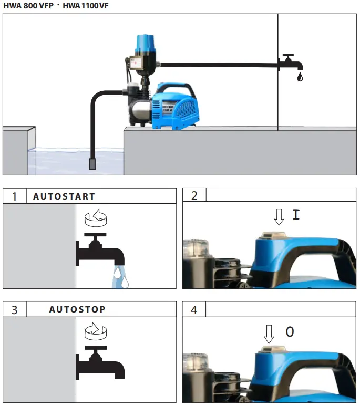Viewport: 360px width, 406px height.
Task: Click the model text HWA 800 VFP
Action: click(25, 5)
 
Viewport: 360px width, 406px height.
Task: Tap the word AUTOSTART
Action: click(64, 196)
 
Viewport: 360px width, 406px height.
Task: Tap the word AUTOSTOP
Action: click(77, 309)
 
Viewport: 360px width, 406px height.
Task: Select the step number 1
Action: click(15, 196)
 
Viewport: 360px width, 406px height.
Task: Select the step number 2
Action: click(194, 196)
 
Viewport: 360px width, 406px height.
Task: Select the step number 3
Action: click(15, 310)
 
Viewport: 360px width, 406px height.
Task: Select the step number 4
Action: click(194, 310)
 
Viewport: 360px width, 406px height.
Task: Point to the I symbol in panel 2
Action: click(296, 215)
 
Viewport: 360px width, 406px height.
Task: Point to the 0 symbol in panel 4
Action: click(290, 332)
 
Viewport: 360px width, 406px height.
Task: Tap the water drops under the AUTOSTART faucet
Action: click(119, 277)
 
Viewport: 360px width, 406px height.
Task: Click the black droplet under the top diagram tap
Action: click(300, 78)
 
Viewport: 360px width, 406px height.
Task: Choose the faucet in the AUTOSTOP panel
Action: click(100, 362)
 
